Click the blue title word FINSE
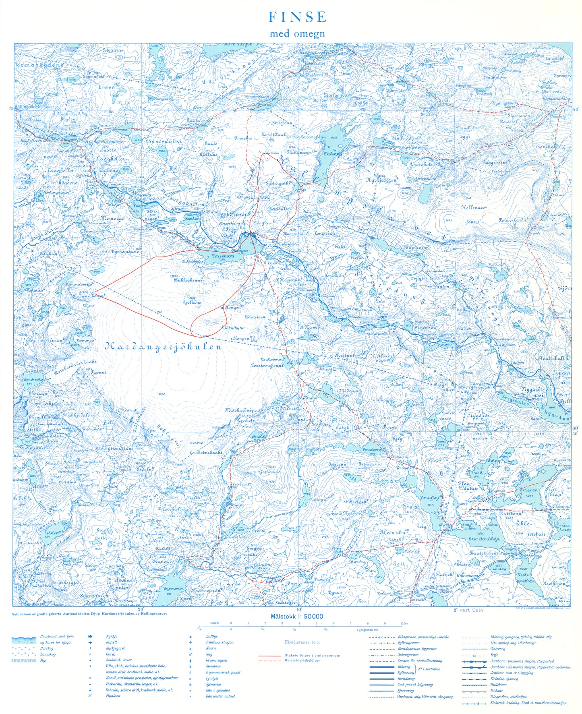coord(297,17)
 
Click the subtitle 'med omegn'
coord(297,33)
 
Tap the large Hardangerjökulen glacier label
coord(164,347)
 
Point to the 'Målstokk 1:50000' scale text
coord(297,616)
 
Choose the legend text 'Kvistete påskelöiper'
coord(302,660)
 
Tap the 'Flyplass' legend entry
coord(113,696)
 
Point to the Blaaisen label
coord(255,317)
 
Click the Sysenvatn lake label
coord(173,588)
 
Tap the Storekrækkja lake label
coord(484,539)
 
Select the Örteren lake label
coord(528,490)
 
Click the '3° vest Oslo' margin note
coord(468,610)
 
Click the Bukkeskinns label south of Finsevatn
coord(188,280)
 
